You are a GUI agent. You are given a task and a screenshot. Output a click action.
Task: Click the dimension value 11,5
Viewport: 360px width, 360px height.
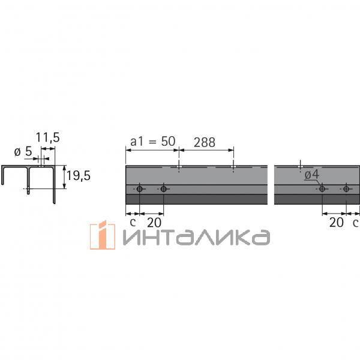(x=47, y=137)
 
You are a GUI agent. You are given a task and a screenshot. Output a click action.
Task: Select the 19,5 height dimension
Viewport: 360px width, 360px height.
(x=77, y=176)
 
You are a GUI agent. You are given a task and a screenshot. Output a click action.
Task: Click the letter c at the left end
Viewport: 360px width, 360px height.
(x=132, y=221)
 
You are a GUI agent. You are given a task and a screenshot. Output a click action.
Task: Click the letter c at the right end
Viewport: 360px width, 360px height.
(x=355, y=221)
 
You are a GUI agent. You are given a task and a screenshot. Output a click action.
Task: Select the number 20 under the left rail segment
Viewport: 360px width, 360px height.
(x=154, y=221)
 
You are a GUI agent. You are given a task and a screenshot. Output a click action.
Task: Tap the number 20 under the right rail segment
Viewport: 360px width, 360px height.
(x=337, y=221)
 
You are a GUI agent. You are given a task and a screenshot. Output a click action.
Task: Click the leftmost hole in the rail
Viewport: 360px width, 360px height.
(x=139, y=189)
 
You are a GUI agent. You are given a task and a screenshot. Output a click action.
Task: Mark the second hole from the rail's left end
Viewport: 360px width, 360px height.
(x=163, y=189)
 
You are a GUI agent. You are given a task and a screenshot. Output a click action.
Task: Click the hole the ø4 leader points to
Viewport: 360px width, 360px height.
(x=322, y=189)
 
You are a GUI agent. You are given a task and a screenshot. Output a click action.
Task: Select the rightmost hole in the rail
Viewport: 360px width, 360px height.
(x=346, y=189)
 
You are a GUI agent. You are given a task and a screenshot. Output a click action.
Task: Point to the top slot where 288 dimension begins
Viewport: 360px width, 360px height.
(x=179, y=166)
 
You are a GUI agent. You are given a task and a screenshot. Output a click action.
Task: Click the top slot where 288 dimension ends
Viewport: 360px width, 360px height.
(x=233, y=166)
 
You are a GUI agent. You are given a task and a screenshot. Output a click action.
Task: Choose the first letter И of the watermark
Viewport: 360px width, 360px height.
(x=133, y=238)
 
